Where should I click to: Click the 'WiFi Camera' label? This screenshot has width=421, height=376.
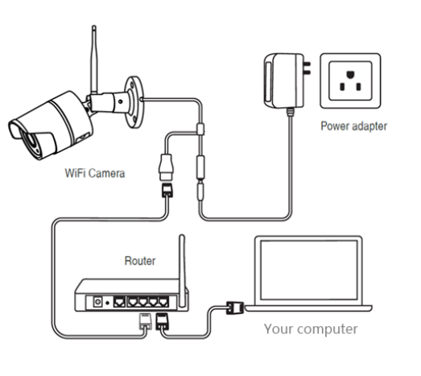[x=95, y=173]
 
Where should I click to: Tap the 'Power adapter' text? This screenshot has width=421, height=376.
[x=354, y=126]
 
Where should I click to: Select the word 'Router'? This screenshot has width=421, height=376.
[x=140, y=261]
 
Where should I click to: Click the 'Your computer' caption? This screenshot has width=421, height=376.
[x=311, y=329]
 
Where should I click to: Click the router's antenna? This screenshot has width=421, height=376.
[x=182, y=271]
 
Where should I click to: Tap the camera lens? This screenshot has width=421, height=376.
[x=30, y=142]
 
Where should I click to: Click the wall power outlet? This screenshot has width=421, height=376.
[x=350, y=81]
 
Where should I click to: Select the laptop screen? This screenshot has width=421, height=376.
[x=309, y=270]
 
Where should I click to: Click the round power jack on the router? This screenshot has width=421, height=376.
[x=97, y=302]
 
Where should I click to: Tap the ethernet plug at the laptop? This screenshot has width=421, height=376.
[x=235, y=308]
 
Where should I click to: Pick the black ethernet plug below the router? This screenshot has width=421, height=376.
[x=163, y=321]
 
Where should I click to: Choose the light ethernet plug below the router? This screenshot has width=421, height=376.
[x=146, y=321]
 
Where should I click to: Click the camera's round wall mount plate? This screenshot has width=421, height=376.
[x=134, y=102]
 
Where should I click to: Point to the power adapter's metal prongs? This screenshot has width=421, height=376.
[x=307, y=68]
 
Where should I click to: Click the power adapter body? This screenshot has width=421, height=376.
[x=284, y=81]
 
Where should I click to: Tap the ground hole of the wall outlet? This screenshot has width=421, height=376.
[x=350, y=74]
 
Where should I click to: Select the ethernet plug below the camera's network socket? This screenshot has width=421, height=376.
[x=167, y=190]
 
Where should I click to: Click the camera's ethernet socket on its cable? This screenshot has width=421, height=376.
[x=167, y=167]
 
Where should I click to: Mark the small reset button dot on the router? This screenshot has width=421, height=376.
[x=107, y=303]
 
